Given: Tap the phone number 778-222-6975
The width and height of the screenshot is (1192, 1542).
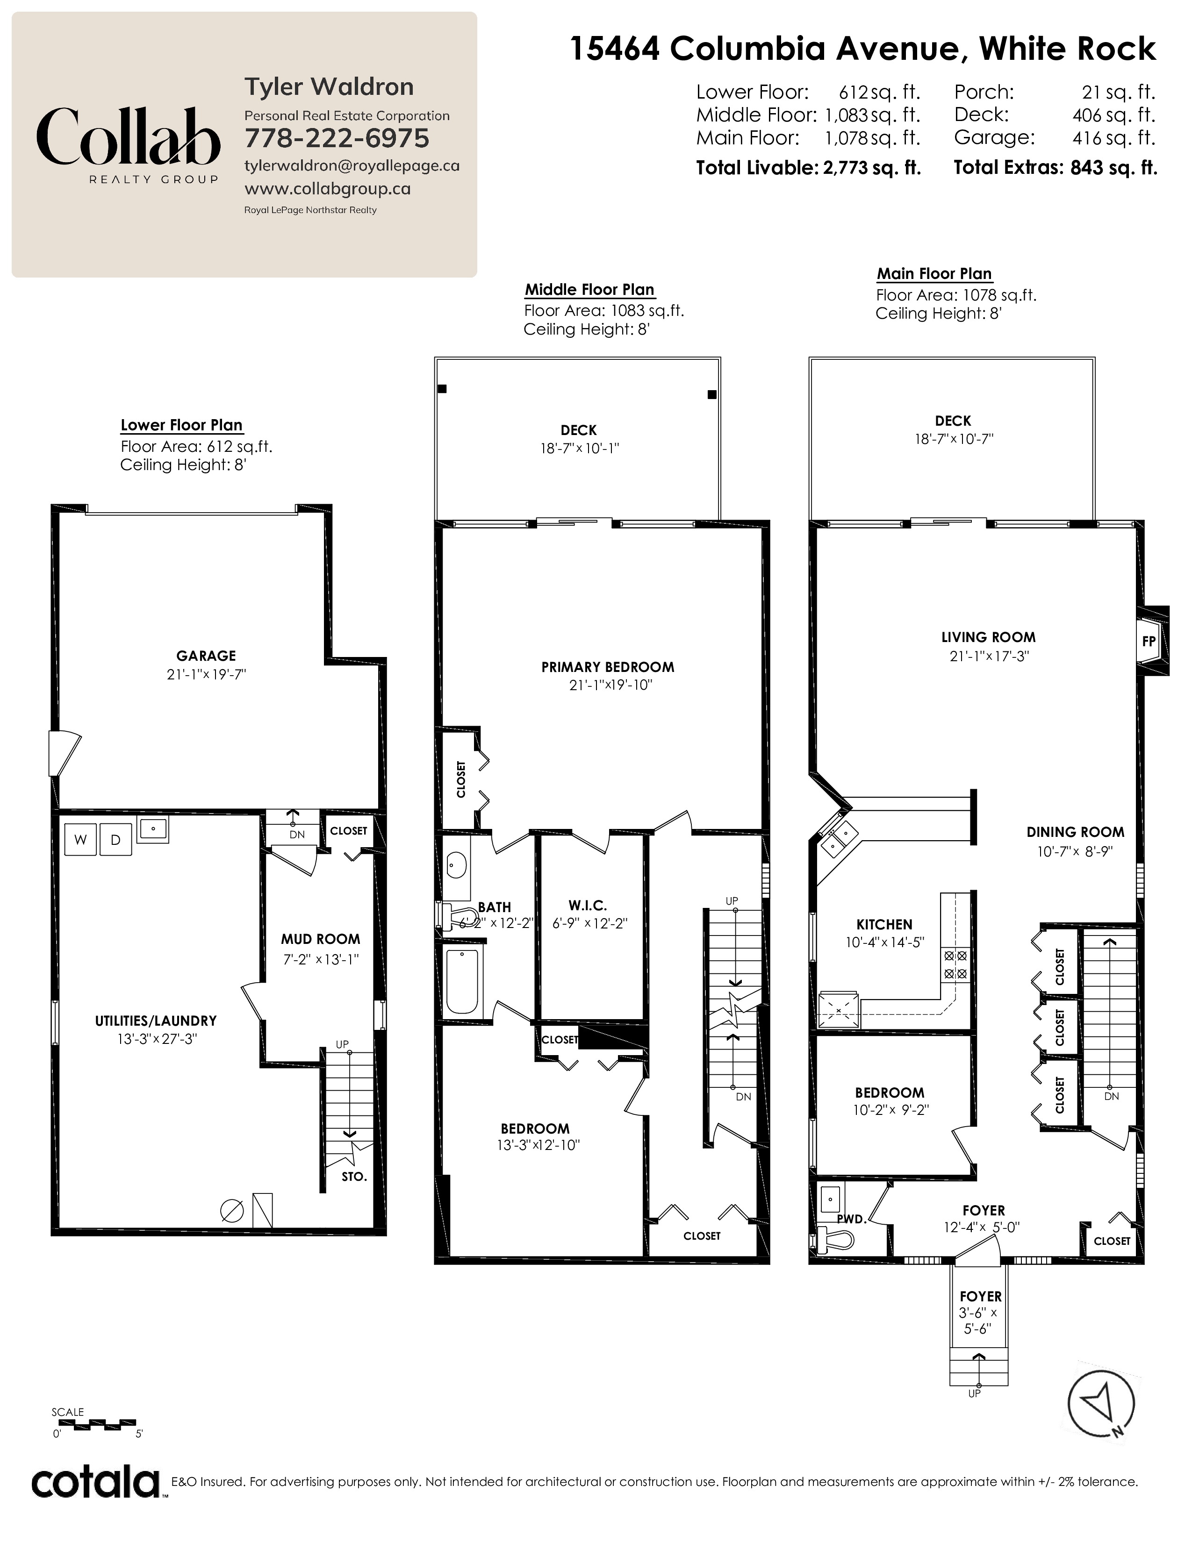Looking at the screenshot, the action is tap(337, 138).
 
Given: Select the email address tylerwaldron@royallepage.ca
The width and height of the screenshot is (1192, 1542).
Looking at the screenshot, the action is tap(352, 166).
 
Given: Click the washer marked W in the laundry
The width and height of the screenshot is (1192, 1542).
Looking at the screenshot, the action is tap(80, 840).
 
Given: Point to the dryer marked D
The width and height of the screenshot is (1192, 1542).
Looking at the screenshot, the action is tap(116, 840).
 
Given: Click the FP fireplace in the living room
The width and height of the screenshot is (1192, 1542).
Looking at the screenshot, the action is tap(1149, 641).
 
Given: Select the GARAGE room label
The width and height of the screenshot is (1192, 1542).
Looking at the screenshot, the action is tap(206, 656).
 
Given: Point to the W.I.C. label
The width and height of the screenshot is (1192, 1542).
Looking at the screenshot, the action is tap(588, 905).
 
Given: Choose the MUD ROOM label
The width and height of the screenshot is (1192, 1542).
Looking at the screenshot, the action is tap(321, 939).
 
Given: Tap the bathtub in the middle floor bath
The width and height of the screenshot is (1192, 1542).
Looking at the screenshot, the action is tap(462, 981).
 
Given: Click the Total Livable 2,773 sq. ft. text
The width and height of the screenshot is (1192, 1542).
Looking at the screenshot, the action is tap(809, 168).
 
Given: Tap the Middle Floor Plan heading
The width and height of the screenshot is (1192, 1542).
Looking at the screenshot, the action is tap(589, 290).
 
